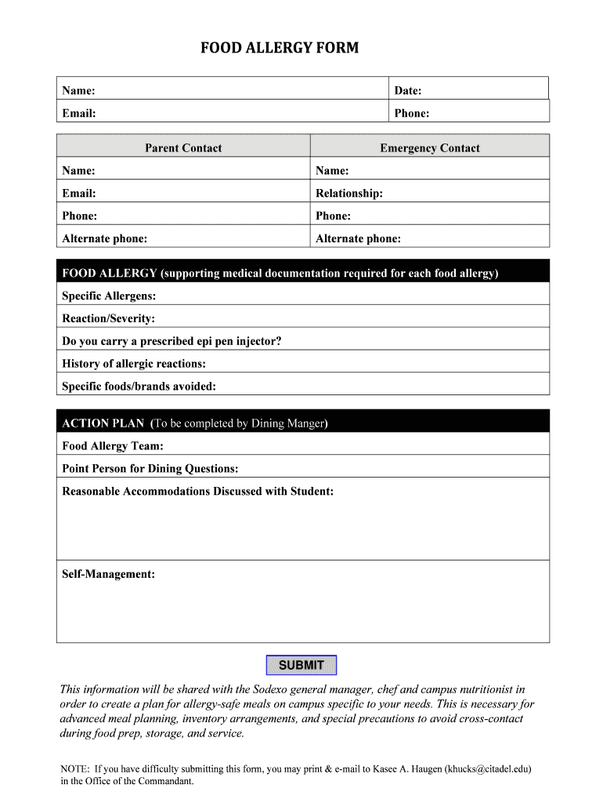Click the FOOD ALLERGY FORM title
click(x=280, y=49)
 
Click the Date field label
click(x=408, y=91)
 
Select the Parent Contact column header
click(x=183, y=147)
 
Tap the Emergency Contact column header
click(x=429, y=147)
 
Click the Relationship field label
click(x=349, y=193)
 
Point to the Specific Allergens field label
click(x=109, y=296)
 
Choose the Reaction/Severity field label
click(x=108, y=318)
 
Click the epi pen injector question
click(x=172, y=341)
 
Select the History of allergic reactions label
click(x=134, y=364)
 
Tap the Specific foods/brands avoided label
click(x=139, y=386)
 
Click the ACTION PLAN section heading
click(x=103, y=423)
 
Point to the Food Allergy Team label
click(x=113, y=446)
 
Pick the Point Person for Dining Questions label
click(x=150, y=469)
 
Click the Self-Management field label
click(x=108, y=574)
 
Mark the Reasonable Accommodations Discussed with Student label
click(x=197, y=492)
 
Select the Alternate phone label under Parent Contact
click(x=104, y=238)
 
